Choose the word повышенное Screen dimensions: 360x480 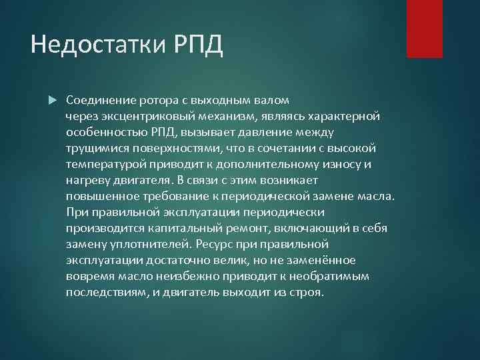[102, 197]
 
